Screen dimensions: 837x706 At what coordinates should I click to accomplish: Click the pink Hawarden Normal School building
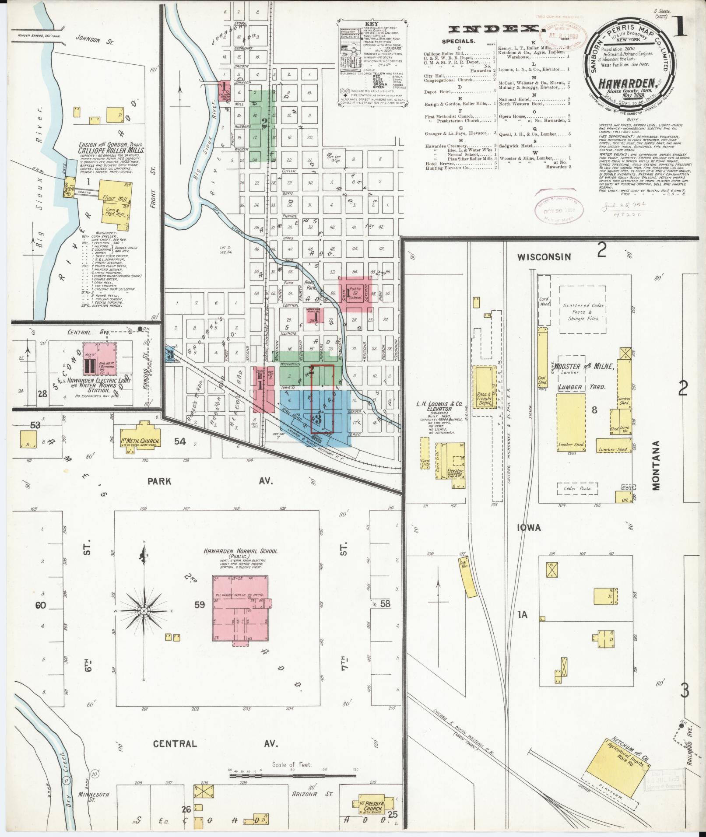click(x=240, y=608)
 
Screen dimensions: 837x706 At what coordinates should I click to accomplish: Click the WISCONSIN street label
click(x=544, y=257)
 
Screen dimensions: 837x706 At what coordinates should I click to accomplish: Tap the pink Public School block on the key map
click(x=355, y=293)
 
